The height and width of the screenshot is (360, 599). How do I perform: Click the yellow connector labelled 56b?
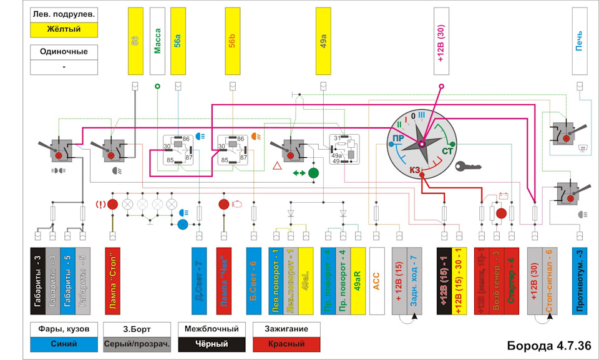click(x=232, y=41)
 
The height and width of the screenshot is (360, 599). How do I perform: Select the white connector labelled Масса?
click(x=157, y=41)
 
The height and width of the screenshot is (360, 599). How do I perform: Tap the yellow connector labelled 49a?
click(x=323, y=41)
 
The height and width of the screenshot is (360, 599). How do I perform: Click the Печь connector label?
click(x=580, y=41)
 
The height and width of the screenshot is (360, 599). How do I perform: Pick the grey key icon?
click(x=468, y=167)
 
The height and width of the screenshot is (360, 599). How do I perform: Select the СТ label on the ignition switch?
click(x=448, y=152)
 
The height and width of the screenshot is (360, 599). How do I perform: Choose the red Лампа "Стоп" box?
click(x=112, y=280)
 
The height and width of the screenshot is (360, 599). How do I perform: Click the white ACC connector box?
click(x=376, y=280)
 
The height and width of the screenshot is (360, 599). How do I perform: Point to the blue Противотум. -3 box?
click(x=580, y=280)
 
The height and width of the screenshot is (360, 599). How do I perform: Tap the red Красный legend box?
click(x=286, y=343)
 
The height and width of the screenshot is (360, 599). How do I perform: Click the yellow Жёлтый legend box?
click(x=64, y=29)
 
